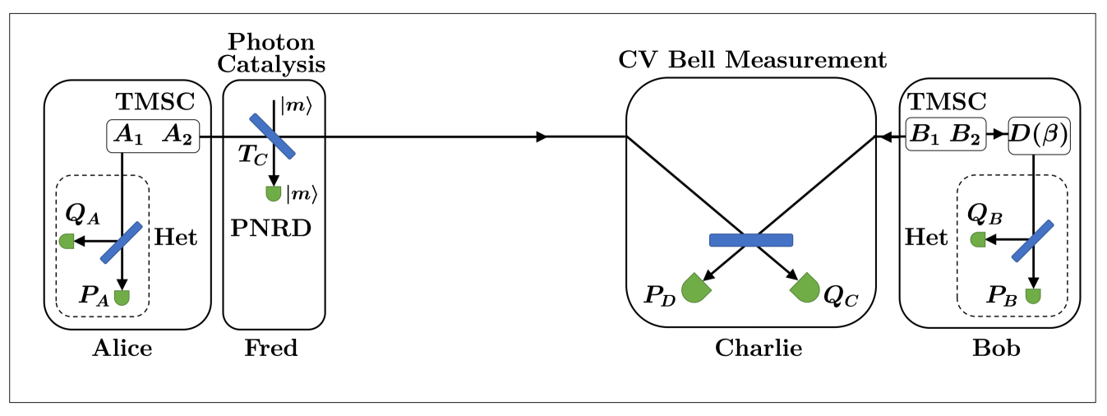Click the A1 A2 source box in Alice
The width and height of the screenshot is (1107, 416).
pyautogui.click(x=154, y=136)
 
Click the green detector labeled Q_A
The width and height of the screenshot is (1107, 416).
pyautogui.click(x=67, y=241)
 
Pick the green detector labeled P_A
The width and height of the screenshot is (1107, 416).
pyautogui.click(x=122, y=297)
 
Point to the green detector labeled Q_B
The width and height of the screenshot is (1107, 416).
pyautogui.click(x=978, y=240)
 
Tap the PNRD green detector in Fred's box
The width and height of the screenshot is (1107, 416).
pyautogui.click(x=273, y=194)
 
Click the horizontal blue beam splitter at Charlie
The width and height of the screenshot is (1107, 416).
pyautogui.click(x=750, y=240)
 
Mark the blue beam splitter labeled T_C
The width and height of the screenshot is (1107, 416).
pyautogui.click(x=272, y=136)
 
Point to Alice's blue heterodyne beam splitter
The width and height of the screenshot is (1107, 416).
pyautogui.click(x=122, y=242)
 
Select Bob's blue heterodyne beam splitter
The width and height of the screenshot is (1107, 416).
pyautogui.click(x=1033, y=241)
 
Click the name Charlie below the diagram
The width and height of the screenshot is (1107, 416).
pyautogui.click(x=758, y=349)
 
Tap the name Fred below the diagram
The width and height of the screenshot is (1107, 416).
pyautogui.click(x=271, y=349)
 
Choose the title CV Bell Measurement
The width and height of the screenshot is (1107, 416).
pyautogui.click(x=752, y=60)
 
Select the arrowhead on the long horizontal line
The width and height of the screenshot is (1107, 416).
pyautogui.click(x=541, y=136)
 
